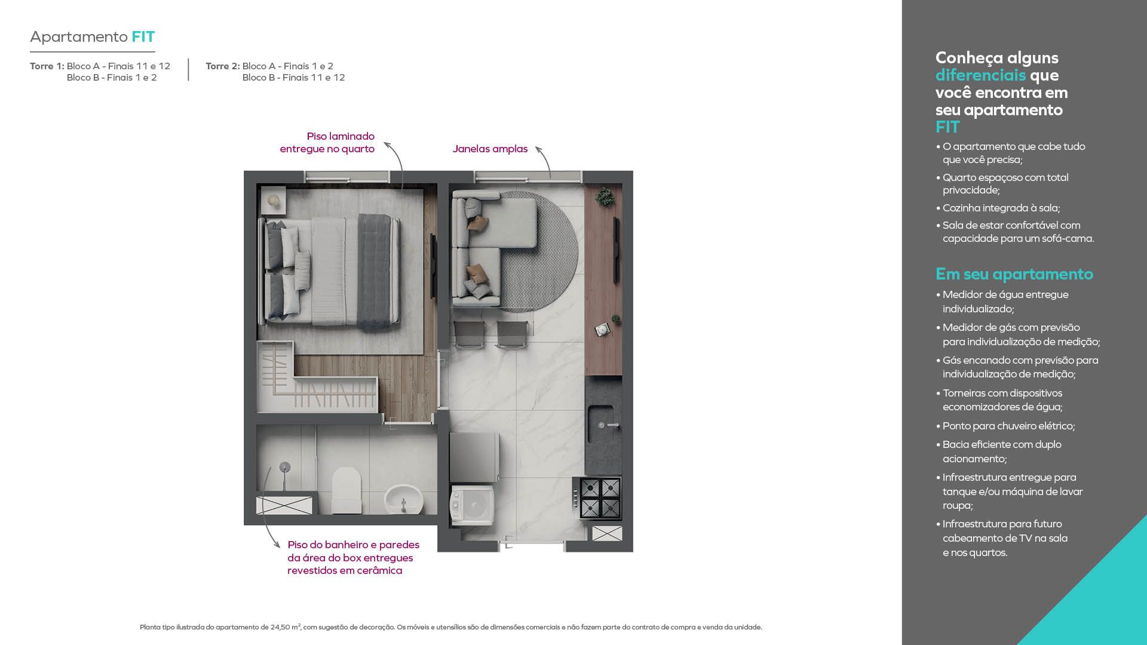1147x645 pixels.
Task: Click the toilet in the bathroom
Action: [x=346, y=490]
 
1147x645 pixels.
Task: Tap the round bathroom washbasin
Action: [x=403, y=499]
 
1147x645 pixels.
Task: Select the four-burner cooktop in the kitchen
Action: [x=597, y=497]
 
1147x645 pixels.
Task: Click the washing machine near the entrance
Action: [x=472, y=505]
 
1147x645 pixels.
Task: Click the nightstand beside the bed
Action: [x=273, y=200]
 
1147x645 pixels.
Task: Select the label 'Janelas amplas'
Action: [x=490, y=149]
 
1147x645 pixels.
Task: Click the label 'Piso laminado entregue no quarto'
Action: [x=327, y=143]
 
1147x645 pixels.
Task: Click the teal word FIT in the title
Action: [x=143, y=37]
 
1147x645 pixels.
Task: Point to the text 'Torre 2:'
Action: [x=223, y=66]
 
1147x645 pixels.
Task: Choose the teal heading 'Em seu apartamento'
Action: [x=1014, y=274]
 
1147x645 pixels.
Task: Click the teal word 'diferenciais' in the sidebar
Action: [x=980, y=75]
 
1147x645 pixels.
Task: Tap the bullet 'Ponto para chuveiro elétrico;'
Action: [x=1008, y=426]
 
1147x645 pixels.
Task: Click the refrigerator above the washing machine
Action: [x=474, y=457]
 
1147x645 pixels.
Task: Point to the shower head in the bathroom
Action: [x=285, y=466]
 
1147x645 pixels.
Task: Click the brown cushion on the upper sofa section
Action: [x=478, y=222]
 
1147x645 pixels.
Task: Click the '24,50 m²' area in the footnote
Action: [x=286, y=627]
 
